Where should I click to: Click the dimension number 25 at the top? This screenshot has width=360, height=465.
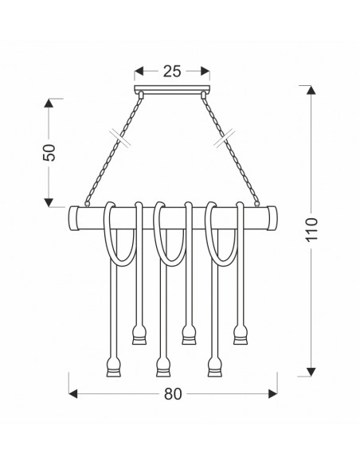click(172, 72)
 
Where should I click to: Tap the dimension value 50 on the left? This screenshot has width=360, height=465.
click(49, 152)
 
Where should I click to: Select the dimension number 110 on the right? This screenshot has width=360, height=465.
click(311, 229)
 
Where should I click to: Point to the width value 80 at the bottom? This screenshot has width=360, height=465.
click(173, 394)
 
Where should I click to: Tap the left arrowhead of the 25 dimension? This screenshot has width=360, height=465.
click(139, 71)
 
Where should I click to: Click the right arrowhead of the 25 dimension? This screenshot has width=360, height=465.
click(205, 71)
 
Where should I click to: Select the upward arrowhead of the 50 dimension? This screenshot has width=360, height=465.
click(49, 103)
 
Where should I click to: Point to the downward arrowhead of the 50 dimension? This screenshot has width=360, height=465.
click(49, 202)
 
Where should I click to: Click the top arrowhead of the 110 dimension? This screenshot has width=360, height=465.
click(311, 90)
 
